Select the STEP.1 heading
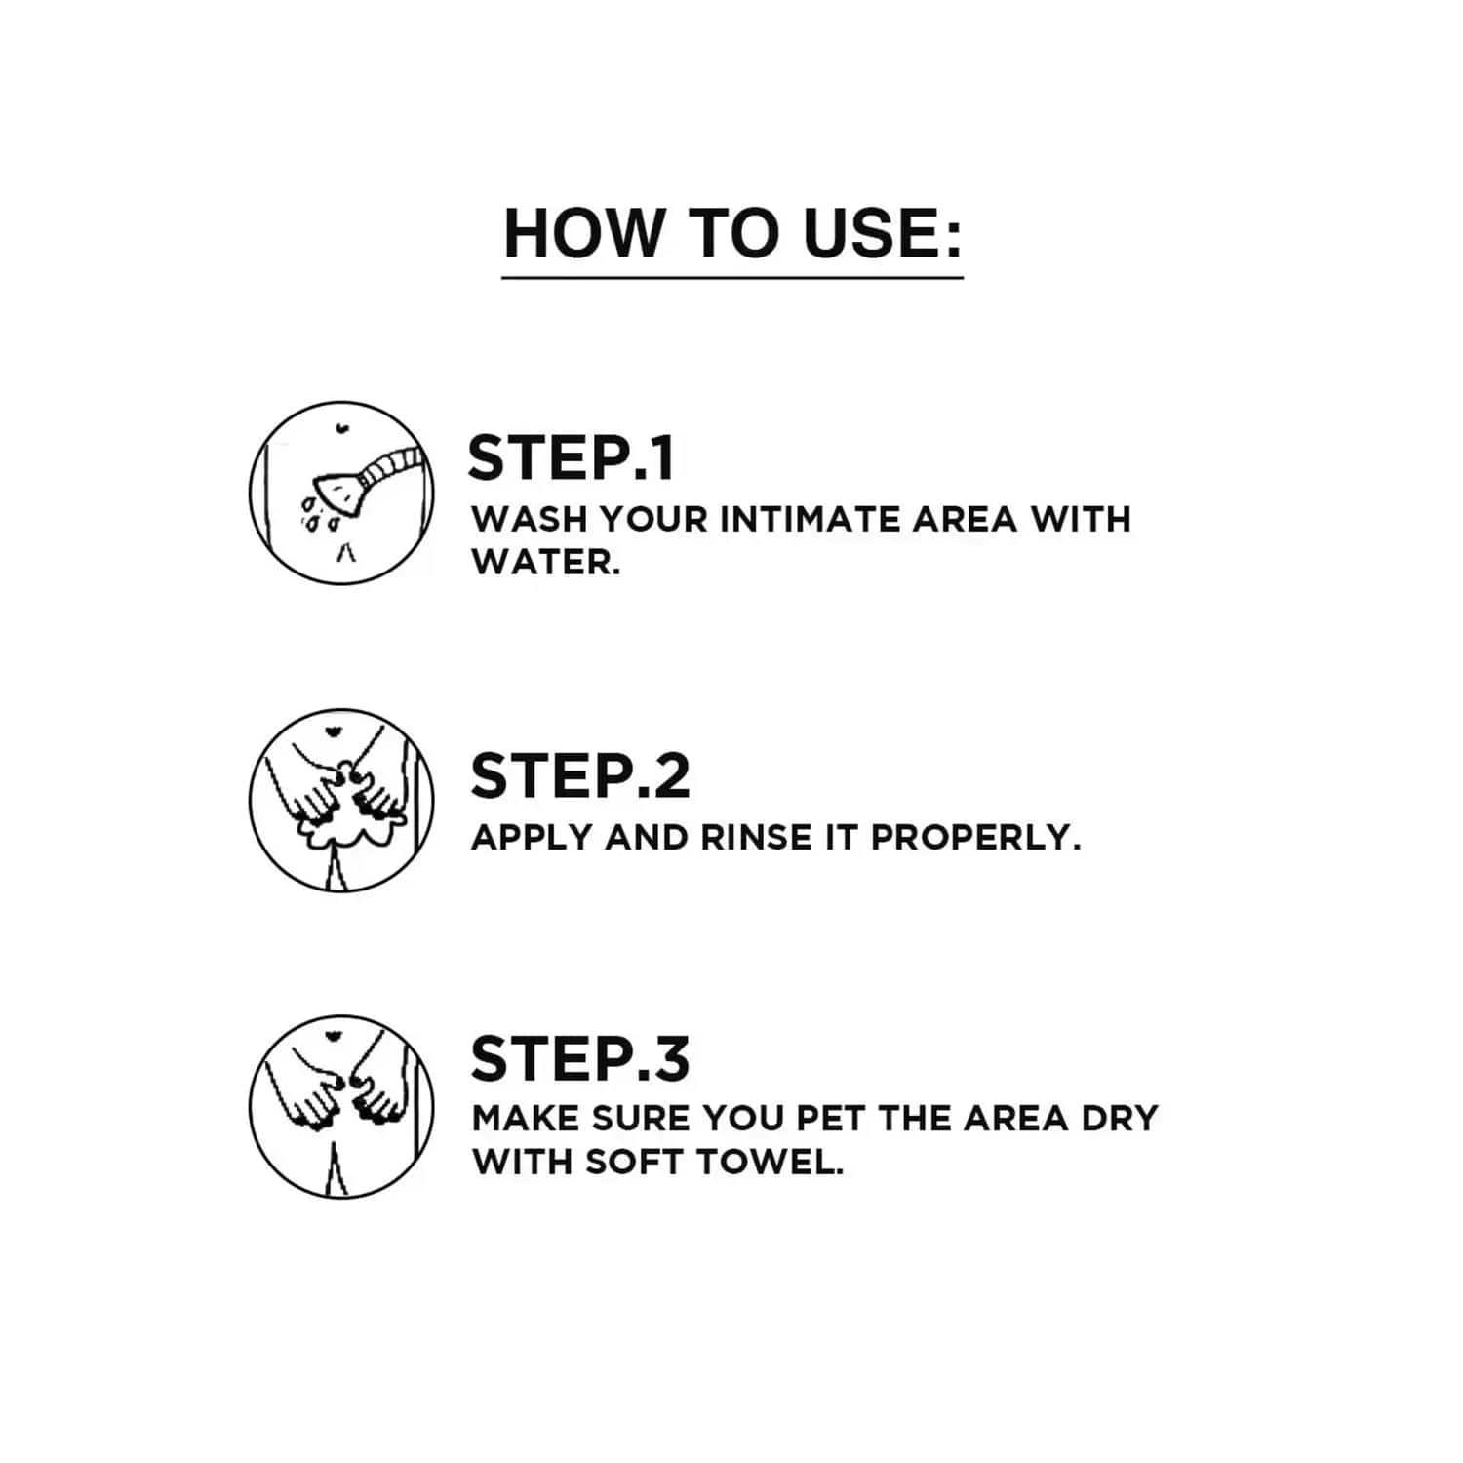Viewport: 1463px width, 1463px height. [x=571, y=458]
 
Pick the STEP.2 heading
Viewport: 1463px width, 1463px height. [x=580, y=776]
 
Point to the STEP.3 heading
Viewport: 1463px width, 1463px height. [x=580, y=1058]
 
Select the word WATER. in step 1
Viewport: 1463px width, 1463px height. [x=546, y=562]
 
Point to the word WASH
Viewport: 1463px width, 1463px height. [x=529, y=519]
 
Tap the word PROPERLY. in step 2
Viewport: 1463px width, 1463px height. [x=976, y=838]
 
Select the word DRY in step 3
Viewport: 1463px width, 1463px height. [x=1120, y=1118]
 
